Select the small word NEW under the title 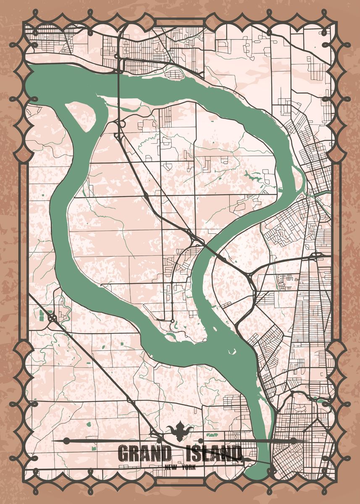[x=171, y=467]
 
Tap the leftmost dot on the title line [x=66, y=441]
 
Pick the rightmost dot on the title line [x=294, y=440]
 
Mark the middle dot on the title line [x=200, y=441]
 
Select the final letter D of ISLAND [x=236, y=454]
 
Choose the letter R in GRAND [x=134, y=454]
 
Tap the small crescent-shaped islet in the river [x=231, y=351]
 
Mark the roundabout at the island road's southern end [x=172, y=322]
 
